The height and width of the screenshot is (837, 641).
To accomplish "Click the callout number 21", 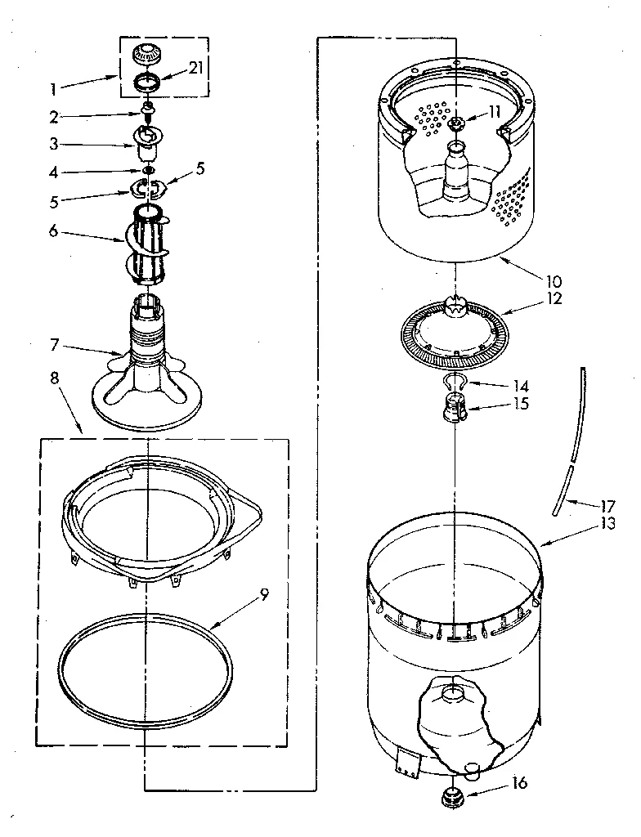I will pos(195,68).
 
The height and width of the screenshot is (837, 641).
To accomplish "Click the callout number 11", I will pos(494,114).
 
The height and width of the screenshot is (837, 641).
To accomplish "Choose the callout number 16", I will pos(519,782).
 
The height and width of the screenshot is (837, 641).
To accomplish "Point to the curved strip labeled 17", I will pos(570,441).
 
